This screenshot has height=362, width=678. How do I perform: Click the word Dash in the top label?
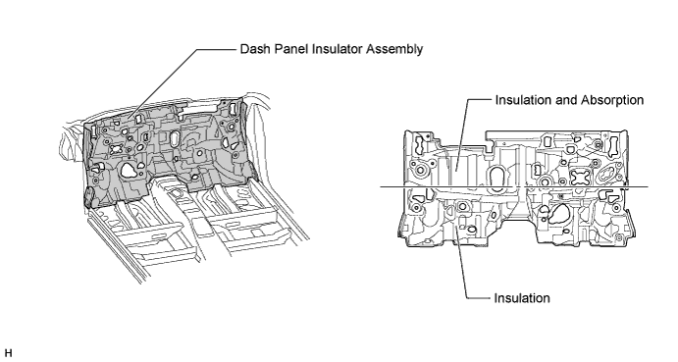pos(252,49)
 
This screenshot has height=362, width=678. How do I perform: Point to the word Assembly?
pos(394,50)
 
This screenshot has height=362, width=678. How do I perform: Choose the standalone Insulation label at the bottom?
pos(522,298)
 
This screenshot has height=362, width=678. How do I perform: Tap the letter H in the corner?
pos(8,353)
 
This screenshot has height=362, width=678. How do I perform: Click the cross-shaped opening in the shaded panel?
pos(117,149)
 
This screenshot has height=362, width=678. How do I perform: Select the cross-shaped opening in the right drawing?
pos(581,178)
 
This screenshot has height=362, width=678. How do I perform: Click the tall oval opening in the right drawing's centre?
pos(497,178)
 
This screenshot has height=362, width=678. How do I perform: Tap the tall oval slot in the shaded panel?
pos(175,139)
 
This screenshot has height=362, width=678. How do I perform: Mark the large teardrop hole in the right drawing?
pos(558,213)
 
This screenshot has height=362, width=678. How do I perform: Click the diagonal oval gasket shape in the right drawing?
pos(606,175)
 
